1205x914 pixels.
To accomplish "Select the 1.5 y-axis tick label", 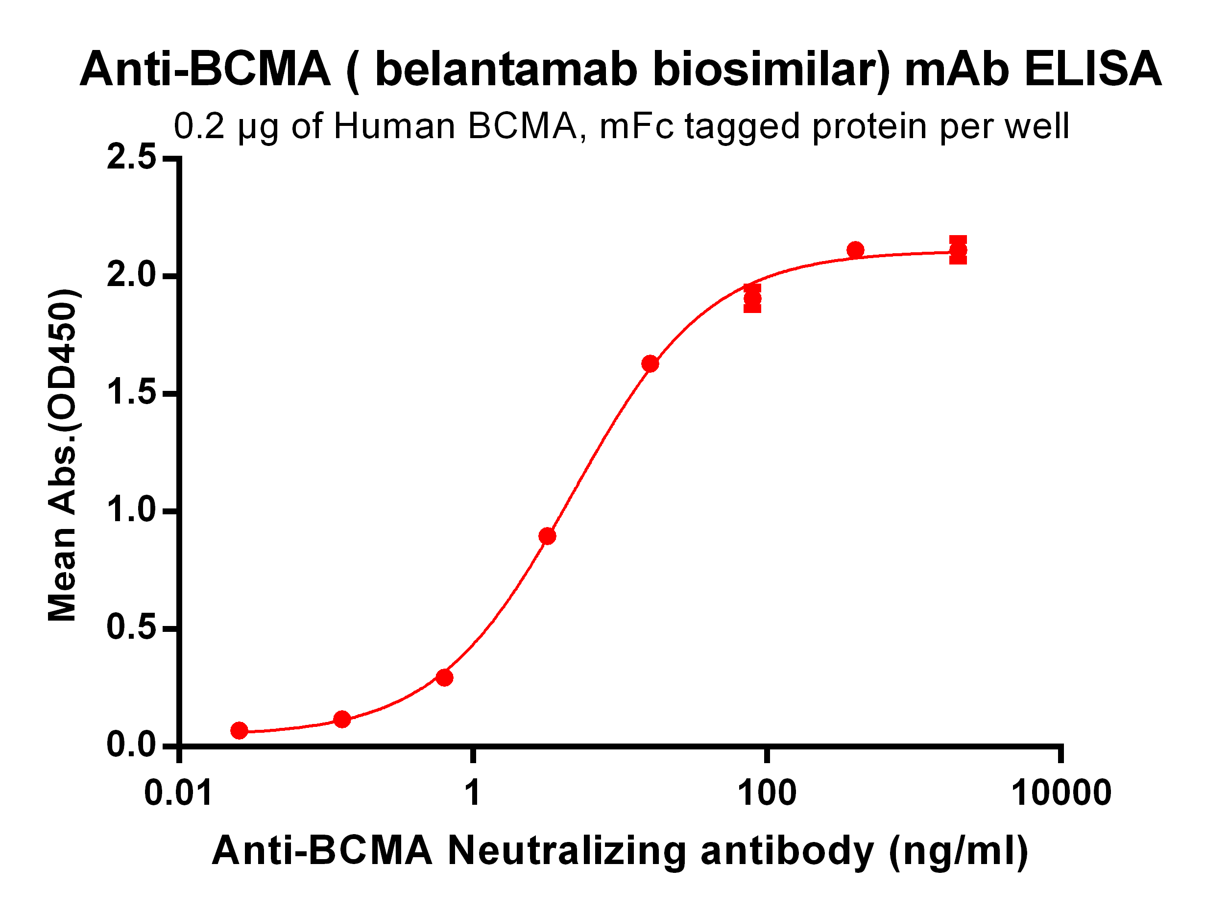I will click(x=131, y=393).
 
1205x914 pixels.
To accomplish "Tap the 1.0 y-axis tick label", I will click(x=131, y=511).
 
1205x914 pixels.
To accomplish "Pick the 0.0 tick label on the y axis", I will click(x=131, y=745).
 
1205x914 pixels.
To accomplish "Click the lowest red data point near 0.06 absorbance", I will click(x=239, y=730).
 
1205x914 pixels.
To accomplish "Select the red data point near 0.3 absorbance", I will click(x=444, y=677).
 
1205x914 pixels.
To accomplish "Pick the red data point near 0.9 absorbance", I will click(x=548, y=536).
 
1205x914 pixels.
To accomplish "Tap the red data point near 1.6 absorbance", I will click(x=650, y=364).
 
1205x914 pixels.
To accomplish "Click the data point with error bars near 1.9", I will click(x=752, y=298).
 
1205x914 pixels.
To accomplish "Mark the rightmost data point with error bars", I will click(x=958, y=251).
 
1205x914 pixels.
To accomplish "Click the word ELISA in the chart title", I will click(x=1093, y=70).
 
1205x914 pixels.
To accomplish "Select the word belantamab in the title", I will click(x=506, y=70).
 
